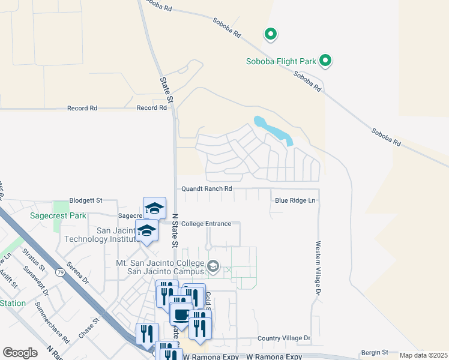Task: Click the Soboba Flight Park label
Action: [x=281, y=61]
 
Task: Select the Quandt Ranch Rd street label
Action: [x=206, y=188]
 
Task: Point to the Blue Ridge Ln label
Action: [x=295, y=200]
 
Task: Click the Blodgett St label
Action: [x=86, y=200]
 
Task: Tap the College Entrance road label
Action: [x=206, y=224]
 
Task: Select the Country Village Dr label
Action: [x=284, y=338]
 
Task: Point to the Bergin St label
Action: [x=375, y=353]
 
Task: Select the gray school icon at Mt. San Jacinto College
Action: [x=212, y=265]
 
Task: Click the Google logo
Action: [x=20, y=353]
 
